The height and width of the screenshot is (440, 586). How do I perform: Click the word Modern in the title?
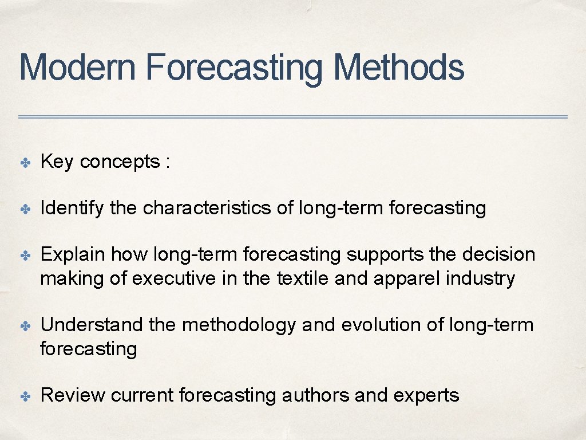(x=77, y=67)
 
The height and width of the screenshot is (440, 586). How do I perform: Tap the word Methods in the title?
(x=398, y=67)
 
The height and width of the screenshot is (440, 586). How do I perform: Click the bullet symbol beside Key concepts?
(x=26, y=163)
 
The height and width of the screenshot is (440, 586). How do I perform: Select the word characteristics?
(x=207, y=208)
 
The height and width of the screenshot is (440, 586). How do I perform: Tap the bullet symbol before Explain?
(x=26, y=255)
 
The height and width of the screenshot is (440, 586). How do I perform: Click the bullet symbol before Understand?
(x=26, y=326)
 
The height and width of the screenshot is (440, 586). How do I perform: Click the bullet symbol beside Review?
(x=26, y=396)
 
